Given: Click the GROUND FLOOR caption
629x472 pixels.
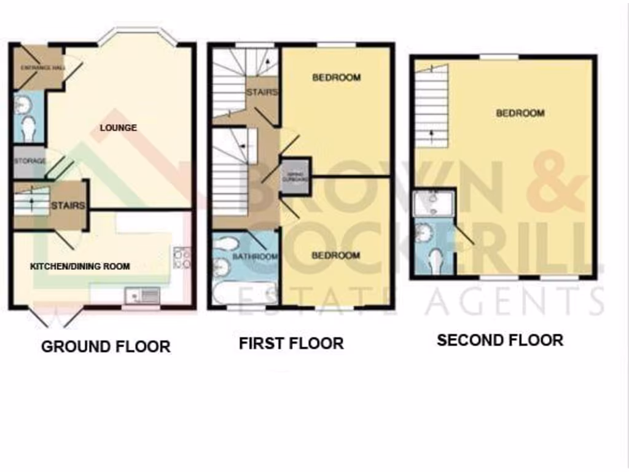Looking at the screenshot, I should coord(105,346).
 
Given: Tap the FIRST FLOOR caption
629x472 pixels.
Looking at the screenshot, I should coord(291,343).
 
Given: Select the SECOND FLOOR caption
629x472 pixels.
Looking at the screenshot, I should coord(499,340).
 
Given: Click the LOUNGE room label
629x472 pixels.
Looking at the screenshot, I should coord(119,128).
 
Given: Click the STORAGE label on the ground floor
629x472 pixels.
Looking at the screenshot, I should coord(29,161).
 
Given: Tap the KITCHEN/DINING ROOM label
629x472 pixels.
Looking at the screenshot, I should coord(80,266).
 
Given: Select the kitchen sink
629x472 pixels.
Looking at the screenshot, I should coord(142,296).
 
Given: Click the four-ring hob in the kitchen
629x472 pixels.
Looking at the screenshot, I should coord(182,258).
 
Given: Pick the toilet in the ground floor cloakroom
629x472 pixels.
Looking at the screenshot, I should coord(28,128).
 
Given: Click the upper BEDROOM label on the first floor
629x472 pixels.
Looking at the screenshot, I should coord(336,77).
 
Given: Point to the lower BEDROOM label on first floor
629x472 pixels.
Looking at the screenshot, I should coord(336,255).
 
